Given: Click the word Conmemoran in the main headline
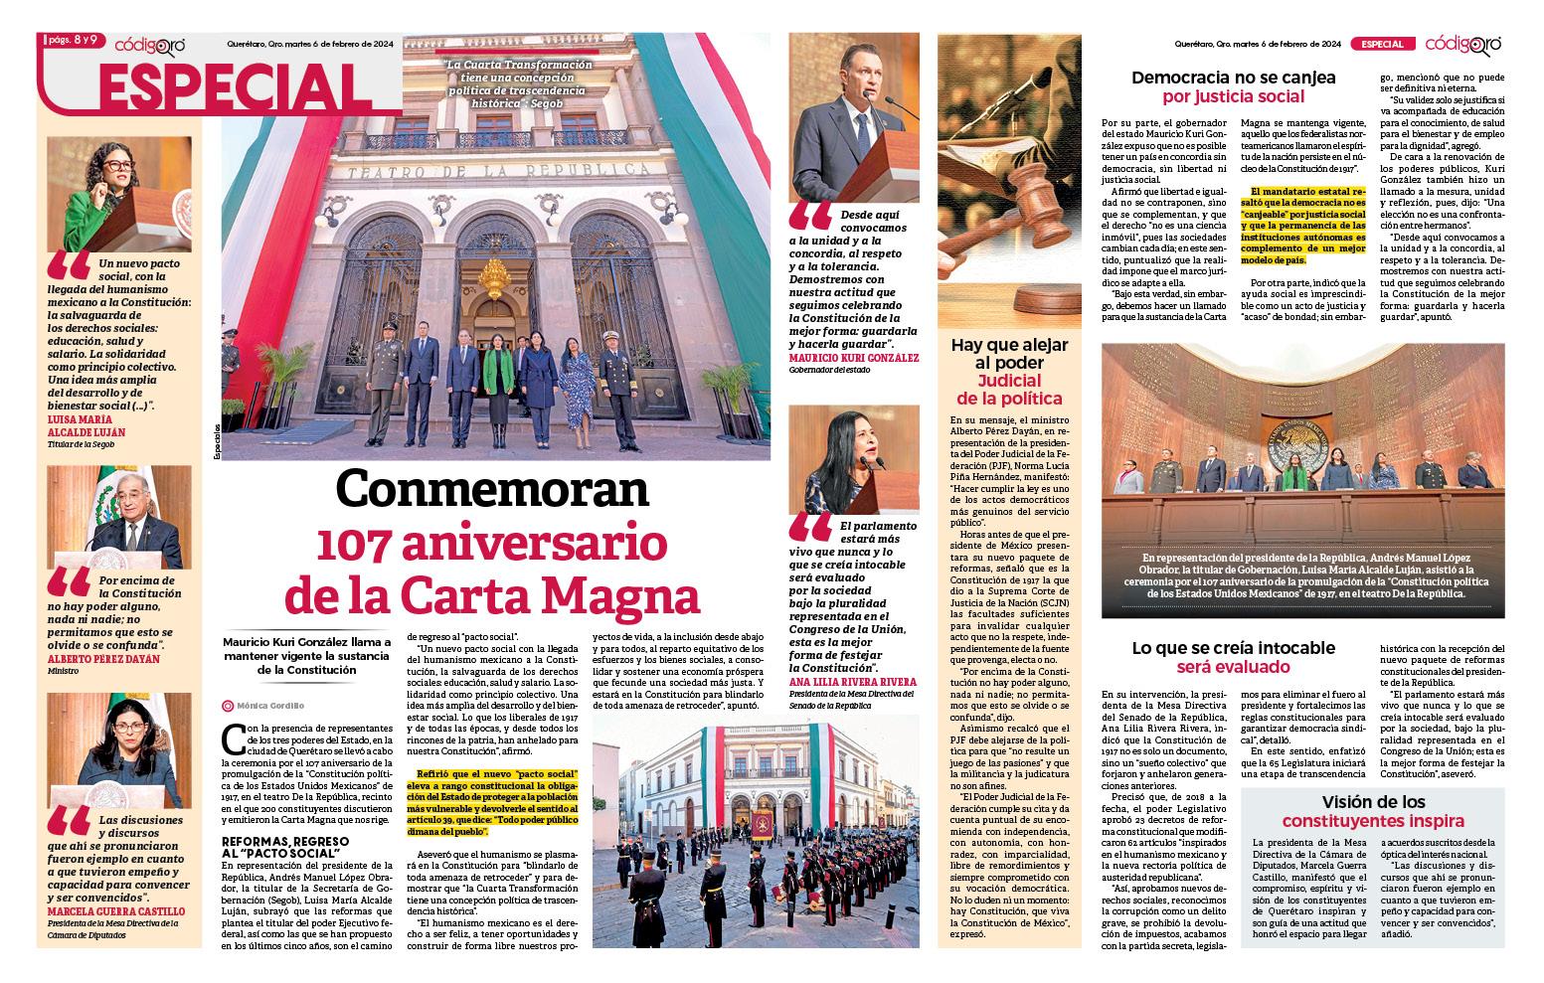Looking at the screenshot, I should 491,490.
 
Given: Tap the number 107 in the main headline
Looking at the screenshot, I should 364,544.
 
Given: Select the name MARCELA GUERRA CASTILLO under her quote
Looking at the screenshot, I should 115,911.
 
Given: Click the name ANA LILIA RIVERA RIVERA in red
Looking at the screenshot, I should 853,682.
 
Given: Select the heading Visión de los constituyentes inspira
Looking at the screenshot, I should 1372,811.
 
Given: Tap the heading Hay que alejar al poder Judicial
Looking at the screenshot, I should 1009,372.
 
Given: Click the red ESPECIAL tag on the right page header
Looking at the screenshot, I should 1382,44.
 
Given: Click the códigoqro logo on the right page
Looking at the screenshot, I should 1462,44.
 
